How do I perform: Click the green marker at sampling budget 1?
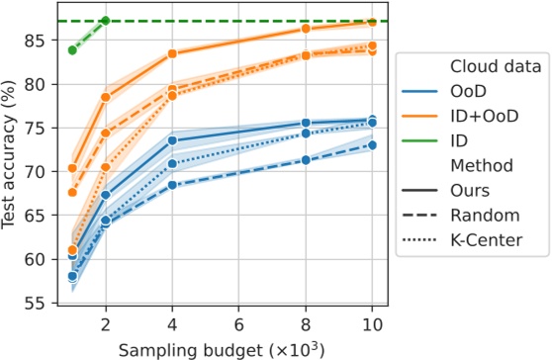coord(72,50)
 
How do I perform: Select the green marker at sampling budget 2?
coord(106,21)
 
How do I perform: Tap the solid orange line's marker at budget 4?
coord(172,53)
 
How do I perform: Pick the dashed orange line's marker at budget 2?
coord(106,133)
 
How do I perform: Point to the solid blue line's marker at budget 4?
coord(172,140)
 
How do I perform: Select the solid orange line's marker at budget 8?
coord(306,29)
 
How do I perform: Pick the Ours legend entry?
coord(468,188)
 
